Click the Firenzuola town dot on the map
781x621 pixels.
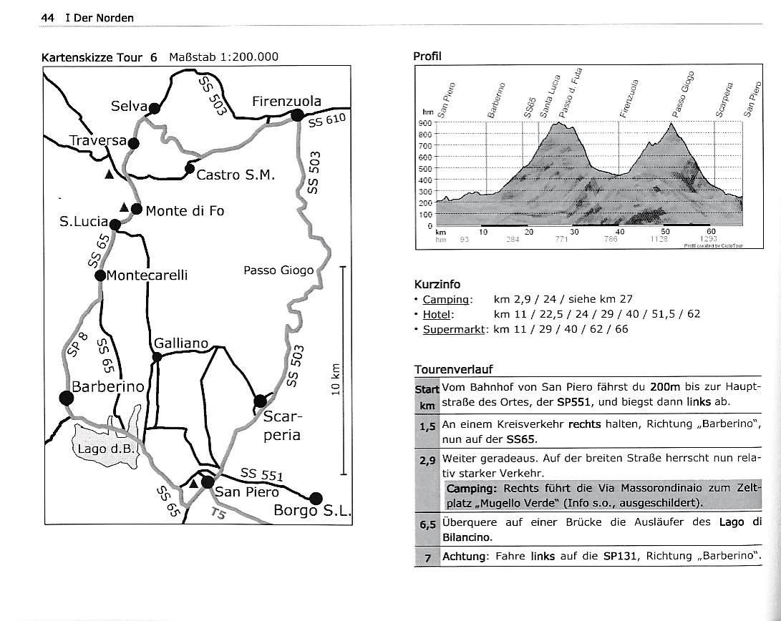coord(298,115)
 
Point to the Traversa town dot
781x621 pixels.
coord(133,142)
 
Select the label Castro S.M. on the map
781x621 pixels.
coord(236,174)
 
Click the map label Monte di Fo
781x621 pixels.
coord(185,210)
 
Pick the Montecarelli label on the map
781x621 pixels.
coord(147,275)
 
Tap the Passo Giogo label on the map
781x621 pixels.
coord(278,270)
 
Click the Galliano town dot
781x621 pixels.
coord(157,356)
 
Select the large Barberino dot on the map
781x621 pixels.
coord(67,398)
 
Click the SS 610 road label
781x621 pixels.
coord(327,121)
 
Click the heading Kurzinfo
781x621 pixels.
coord(437,283)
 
